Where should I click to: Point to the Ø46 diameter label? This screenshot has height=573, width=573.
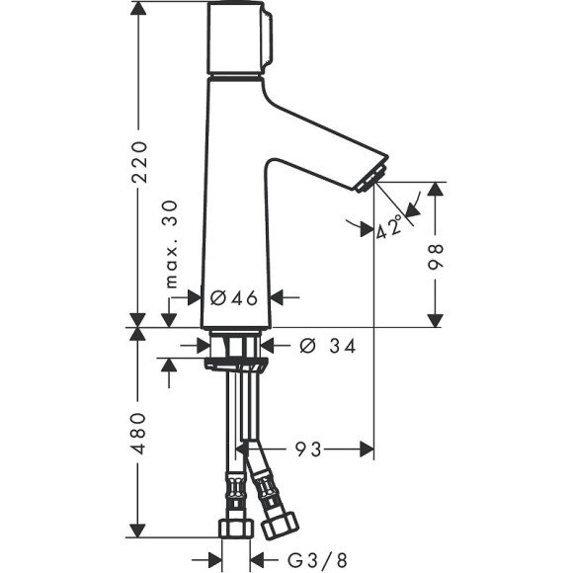[x=234, y=295]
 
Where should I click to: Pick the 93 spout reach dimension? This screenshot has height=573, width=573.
[x=307, y=450]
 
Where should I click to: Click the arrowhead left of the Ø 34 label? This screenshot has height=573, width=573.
[x=269, y=346]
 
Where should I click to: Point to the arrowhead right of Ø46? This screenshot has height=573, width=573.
[x=280, y=295]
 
